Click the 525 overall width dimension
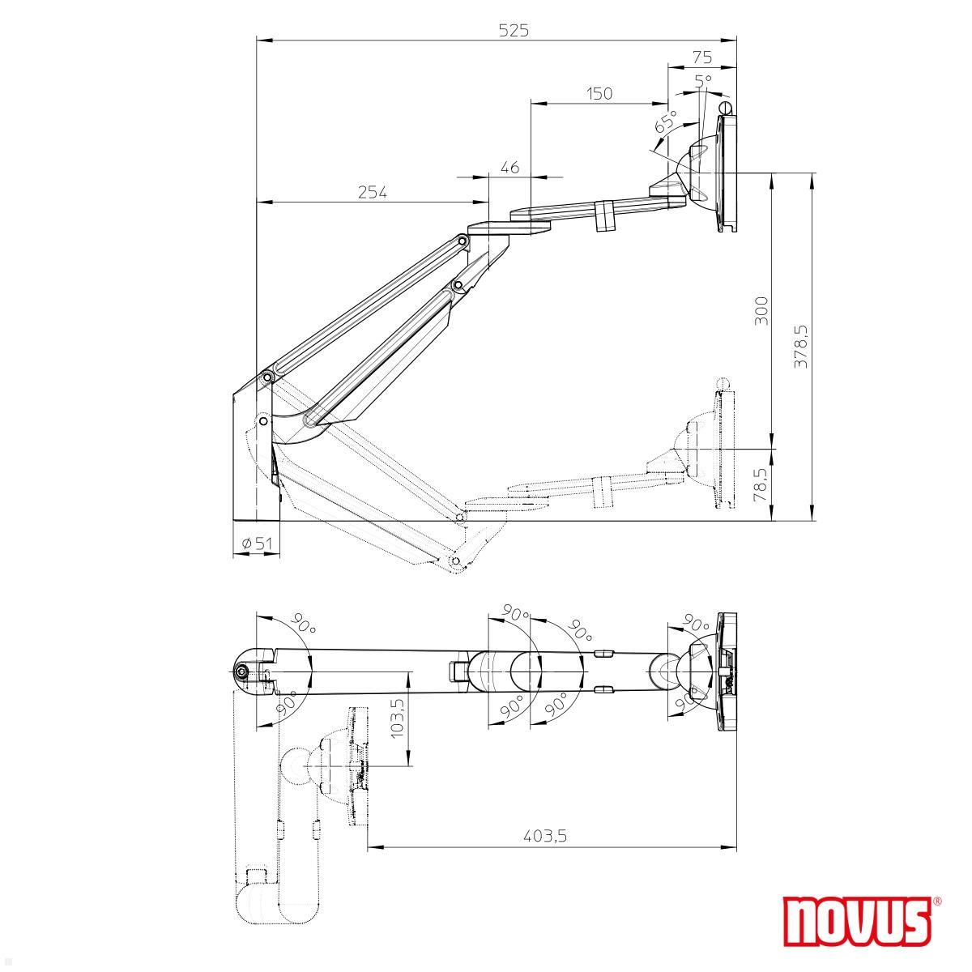click(514, 30)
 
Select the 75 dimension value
click(702, 57)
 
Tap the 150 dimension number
click(599, 94)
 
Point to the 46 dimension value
click(509, 168)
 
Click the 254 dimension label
click(372, 193)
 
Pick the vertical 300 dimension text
click(761, 311)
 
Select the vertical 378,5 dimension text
click(801, 347)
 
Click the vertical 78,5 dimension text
click(761, 484)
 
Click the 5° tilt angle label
click(703, 81)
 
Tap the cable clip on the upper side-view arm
click(604, 216)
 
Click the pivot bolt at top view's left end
click(241, 671)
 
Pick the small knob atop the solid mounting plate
click(726, 107)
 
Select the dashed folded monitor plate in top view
click(357, 766)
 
